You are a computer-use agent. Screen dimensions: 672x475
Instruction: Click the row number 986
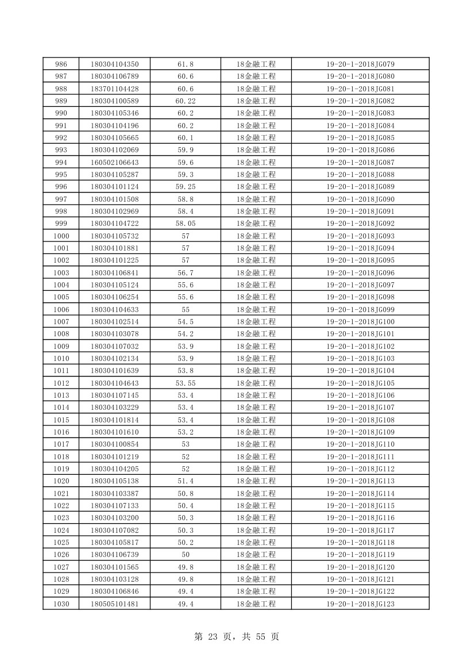(x=61, y=64)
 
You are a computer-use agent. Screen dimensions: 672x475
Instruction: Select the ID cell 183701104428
(x=115, y=89)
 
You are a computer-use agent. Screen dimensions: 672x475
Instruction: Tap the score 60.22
(x=186, y=101)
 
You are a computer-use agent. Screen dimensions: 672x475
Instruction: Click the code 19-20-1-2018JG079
(x=360, y=64)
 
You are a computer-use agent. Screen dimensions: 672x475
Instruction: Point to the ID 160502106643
(x=115, y=162)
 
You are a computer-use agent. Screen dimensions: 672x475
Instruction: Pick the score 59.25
(x=186, y=187)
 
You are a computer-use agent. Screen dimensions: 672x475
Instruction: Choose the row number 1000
(x=61, y=236)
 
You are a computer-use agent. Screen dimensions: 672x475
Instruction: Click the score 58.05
(x=186, y=224)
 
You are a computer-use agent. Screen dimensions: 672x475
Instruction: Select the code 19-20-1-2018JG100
(x=360, y=322)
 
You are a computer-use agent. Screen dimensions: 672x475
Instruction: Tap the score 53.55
(x=186, y=383)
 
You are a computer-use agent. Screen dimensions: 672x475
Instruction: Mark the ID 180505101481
(x=115, y=604)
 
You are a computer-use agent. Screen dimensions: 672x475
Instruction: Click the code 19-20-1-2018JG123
(x=360, y=604)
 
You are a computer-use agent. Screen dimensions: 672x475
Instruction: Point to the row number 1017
(x=61, y=444)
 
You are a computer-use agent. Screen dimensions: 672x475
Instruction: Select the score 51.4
(x=186, y=481)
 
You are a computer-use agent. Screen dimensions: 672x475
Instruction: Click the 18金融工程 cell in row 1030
(x=256, y=604)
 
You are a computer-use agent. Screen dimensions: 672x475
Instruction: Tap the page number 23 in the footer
(x=213, y=637)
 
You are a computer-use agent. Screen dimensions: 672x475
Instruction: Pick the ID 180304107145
(x=115, y=395)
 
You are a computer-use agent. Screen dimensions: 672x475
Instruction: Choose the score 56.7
(x=186, y=272)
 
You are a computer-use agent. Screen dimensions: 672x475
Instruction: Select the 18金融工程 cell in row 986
(x=256, y=64)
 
